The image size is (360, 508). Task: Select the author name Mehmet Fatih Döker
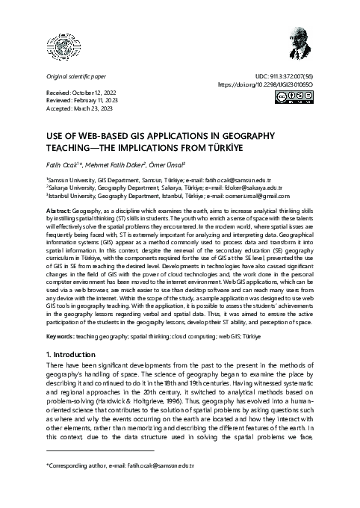111,164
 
